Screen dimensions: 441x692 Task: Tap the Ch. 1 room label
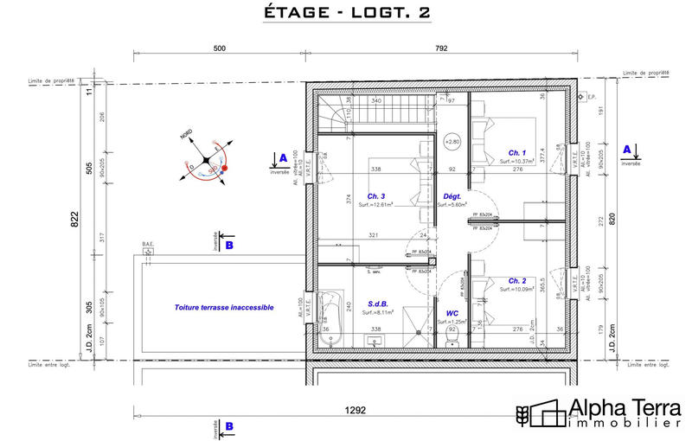pos(518,152)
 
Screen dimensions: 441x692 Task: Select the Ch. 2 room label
pos(517,281)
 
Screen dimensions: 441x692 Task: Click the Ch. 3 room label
pos(376,195)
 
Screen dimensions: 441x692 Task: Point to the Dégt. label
pos(452,195)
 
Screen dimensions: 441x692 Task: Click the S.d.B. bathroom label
pos(376,304)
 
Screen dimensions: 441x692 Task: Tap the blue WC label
pos(452,313)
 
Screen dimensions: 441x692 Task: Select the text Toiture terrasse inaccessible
pos(224,307)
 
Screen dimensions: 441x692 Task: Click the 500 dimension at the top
pos(219,49)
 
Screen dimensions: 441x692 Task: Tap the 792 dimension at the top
pos(441,49)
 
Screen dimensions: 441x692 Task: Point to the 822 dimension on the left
pos(74,220)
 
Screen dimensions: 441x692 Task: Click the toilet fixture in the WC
pos(452,339)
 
